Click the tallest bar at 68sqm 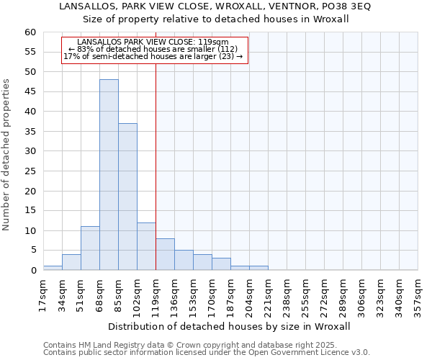109,175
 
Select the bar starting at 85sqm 127,197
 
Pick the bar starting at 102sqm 146,246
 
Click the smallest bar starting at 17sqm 53,268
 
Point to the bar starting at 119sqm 165,254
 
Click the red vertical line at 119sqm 156,144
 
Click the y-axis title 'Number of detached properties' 7,155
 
